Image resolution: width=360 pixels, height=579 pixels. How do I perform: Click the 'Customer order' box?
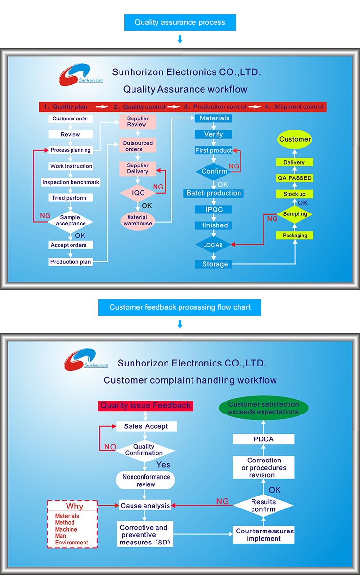tap(71, 118)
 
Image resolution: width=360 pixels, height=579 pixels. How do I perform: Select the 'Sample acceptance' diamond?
tap(71, 221)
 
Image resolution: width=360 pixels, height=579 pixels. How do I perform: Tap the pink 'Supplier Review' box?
tap(138, 121)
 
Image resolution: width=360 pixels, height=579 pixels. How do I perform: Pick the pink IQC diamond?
tap(138, 193)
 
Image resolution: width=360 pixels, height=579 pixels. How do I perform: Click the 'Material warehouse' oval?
tap(138, 221)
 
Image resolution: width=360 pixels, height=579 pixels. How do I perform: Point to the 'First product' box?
tap(214, 150)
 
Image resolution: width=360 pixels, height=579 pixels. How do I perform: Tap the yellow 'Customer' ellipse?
tap(295, 139)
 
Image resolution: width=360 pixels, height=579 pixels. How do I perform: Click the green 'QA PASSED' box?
tap(294, 178)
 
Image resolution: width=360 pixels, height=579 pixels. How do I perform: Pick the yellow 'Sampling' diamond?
tap(295, 214)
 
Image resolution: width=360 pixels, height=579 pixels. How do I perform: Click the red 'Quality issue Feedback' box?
tap(145, 406)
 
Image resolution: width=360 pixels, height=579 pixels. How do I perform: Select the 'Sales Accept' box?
tap(146, 426)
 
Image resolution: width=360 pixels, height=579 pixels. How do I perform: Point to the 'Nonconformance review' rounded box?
tap(146, 481)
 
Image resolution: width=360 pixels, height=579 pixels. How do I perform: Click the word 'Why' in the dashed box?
tap(74, 507)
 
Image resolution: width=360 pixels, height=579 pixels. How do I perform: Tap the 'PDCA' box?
tap(264, 439)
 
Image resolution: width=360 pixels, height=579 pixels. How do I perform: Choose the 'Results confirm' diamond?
tap(263, 506)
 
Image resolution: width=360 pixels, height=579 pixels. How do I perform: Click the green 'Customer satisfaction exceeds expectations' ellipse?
tap(264, 408)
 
